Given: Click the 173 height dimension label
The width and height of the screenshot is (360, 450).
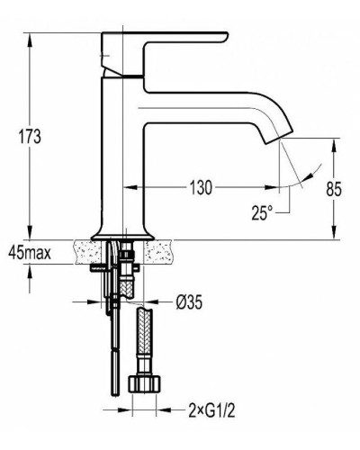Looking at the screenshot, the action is point(30,137).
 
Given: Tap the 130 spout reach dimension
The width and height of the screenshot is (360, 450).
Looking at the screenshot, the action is point(201,188).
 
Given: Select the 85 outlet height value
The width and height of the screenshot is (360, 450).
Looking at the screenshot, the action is point(334,189).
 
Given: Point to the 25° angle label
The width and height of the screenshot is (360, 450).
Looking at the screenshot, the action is point(262,212).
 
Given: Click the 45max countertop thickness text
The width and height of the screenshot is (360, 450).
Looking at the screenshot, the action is point(30,254).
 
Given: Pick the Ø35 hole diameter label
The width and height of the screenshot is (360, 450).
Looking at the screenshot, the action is point(189,302).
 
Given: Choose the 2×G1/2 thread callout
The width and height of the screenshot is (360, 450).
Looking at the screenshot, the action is point(211,410).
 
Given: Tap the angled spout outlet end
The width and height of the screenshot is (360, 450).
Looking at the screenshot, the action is point(278,138).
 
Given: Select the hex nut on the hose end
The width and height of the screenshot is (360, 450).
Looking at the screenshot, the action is point(145,383).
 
